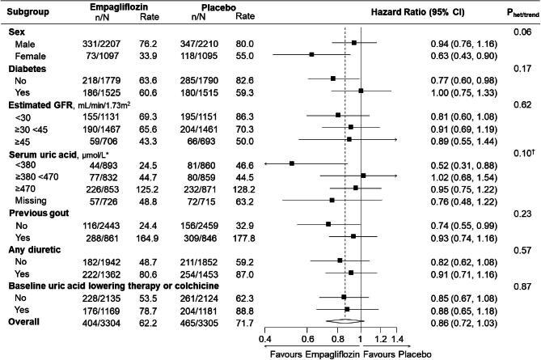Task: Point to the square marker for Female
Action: point(312,54)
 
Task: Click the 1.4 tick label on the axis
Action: point(397,337)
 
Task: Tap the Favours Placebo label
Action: point(378,353)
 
